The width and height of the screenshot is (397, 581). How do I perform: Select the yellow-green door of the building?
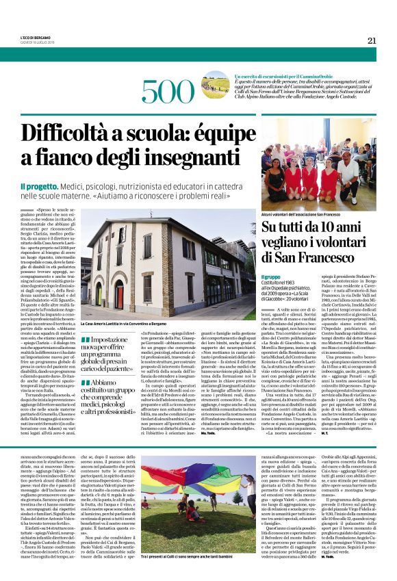[98, 294]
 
